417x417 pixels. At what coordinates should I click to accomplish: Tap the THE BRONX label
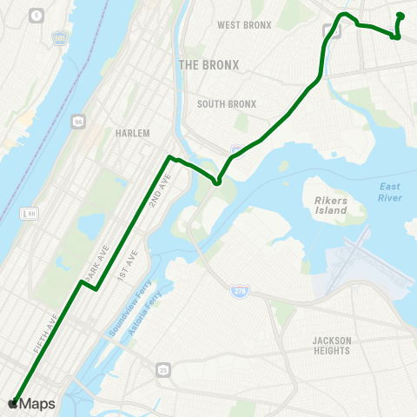click(x=208, y=65)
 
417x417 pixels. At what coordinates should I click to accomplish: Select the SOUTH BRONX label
click(x=227, y=104)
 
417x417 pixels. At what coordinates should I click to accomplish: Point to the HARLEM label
click(x=132, y=134)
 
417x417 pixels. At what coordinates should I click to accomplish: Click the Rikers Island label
click(x=330, y=206)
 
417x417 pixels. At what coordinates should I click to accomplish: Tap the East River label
click(x=390, y=193)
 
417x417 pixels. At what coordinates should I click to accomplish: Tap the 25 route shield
click(x=163, y=370)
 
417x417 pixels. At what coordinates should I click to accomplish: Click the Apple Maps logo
click(x=32, y=404)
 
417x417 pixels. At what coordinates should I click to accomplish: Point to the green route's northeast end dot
click(x=400, y=16)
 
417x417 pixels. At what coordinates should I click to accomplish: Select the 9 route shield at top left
click(x=36, y=15)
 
